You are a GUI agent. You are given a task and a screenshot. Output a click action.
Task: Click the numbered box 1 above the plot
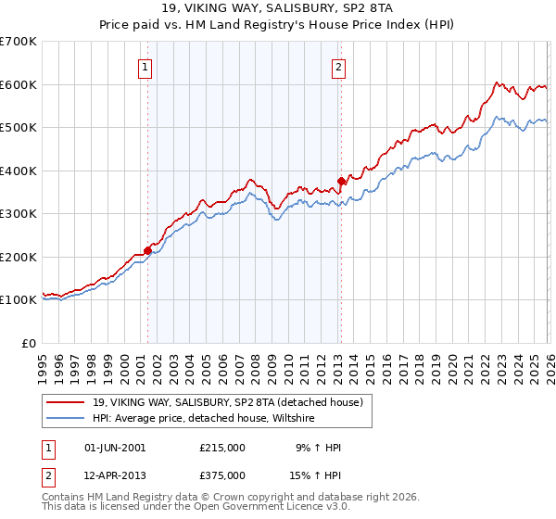pos(146,66)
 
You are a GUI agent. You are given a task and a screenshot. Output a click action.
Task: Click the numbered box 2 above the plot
pos(339,66)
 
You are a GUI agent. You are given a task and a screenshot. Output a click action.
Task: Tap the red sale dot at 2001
pos(147,250)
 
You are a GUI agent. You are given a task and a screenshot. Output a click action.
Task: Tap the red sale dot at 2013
pos(341,181)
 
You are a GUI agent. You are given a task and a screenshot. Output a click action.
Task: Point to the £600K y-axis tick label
pos(19,84)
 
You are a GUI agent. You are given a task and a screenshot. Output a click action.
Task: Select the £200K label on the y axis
pos(19,257)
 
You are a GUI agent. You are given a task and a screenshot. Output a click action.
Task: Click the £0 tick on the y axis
pos(29,343)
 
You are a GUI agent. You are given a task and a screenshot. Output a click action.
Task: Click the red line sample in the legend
pos(66,402)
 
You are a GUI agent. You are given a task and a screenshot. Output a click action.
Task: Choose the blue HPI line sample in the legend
pos(66,419)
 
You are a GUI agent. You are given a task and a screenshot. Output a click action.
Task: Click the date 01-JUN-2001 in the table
pos(111,448)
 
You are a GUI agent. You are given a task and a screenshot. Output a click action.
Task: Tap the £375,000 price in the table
pos(222,475)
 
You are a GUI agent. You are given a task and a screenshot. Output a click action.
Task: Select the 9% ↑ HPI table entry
pos(319,448)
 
